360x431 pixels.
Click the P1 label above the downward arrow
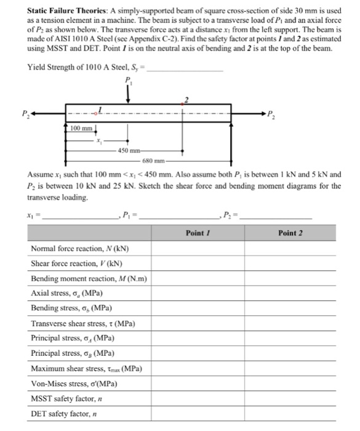coord(128,79)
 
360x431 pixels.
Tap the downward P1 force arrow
coord(128,94)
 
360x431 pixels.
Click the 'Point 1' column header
coord(198,233)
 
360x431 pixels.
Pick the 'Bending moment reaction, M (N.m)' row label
coord(88,278)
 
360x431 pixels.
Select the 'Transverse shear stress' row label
coord(83,323)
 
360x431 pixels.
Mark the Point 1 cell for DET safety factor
coord(198,413)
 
